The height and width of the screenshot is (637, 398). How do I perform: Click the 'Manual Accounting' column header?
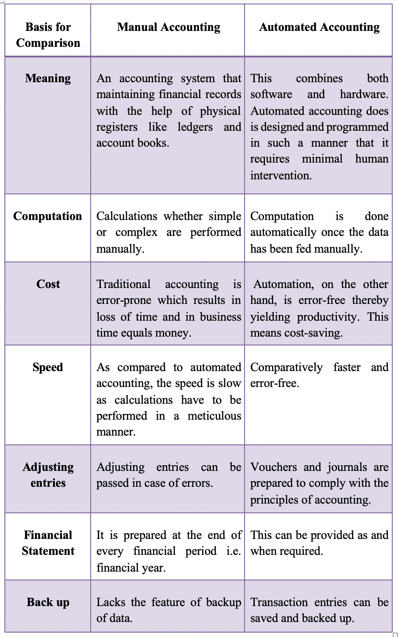[168, 27]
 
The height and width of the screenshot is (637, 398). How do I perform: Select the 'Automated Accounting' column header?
[319, 27]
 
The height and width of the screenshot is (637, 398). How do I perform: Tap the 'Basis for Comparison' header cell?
[48, 35]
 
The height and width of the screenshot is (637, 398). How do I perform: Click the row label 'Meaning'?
[48, 78]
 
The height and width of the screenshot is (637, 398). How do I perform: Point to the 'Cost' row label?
[48, 284]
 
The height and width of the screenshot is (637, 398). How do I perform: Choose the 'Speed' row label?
[48, 367]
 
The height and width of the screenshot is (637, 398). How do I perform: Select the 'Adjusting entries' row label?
[48, 475]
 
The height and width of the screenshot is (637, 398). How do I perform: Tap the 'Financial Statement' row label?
[48, 543]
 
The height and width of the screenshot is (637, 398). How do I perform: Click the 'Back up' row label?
[48, 602]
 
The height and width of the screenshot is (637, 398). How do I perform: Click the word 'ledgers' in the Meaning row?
[195, 127]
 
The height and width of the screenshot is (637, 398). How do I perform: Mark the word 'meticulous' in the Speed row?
[214, 416]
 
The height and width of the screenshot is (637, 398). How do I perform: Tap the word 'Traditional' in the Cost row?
[123, 284]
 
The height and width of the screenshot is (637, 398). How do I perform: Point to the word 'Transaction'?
[279, 603]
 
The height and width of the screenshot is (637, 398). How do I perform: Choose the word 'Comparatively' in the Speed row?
[286, 368]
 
